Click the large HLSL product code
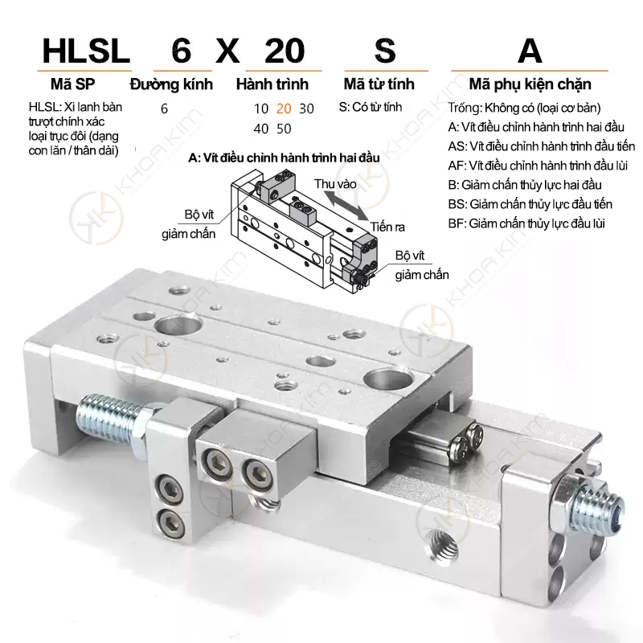click(86, 51)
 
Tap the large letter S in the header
click(385, 51)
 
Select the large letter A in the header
click(530, 51)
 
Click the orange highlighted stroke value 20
click(284, 109)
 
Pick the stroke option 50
click(284, 129)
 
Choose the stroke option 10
click(260, 109)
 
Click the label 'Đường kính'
click(171, 84)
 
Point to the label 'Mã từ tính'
click(379, 84)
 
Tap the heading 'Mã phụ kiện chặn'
click(530, 84)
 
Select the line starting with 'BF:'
click(526, 223)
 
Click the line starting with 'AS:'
click(541, 146)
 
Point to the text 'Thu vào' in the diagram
click(335, 184)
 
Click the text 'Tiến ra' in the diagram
click(387, 227)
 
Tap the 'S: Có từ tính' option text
click(371, 107)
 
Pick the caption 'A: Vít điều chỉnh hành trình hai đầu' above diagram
click(284, 158)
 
